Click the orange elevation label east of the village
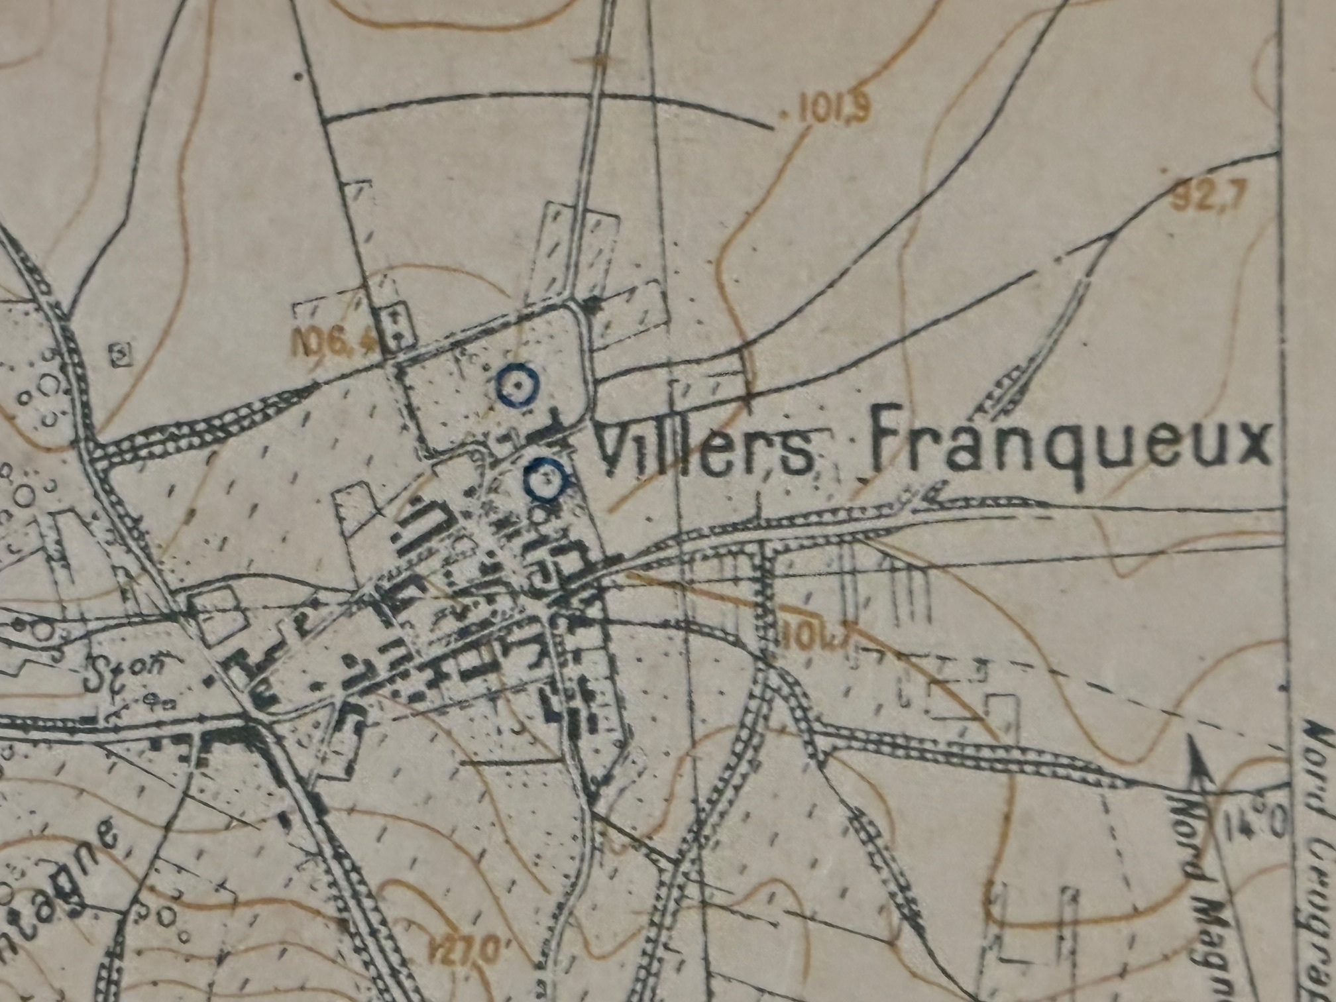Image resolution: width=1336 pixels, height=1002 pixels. (816, 638)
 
